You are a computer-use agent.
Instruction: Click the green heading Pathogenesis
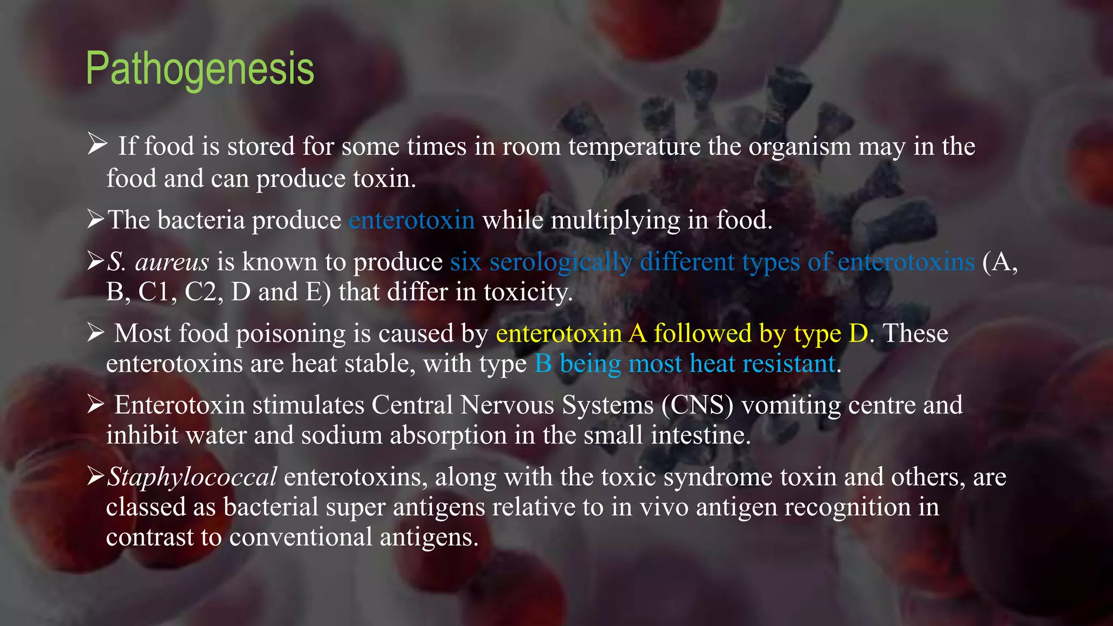coord(200,69)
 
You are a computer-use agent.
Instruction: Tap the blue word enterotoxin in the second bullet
coord(412,220)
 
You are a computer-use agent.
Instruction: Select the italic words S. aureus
coord(158,262)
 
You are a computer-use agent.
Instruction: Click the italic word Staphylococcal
coord(192,477)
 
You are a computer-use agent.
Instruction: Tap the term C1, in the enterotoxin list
coord(158,292)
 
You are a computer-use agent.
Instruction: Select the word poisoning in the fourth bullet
coord(291,334)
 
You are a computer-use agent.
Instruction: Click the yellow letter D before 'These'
coord(859,334)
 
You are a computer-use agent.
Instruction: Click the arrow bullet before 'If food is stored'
coord(97,145)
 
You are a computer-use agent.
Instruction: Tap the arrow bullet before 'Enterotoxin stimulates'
coord(96,404)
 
